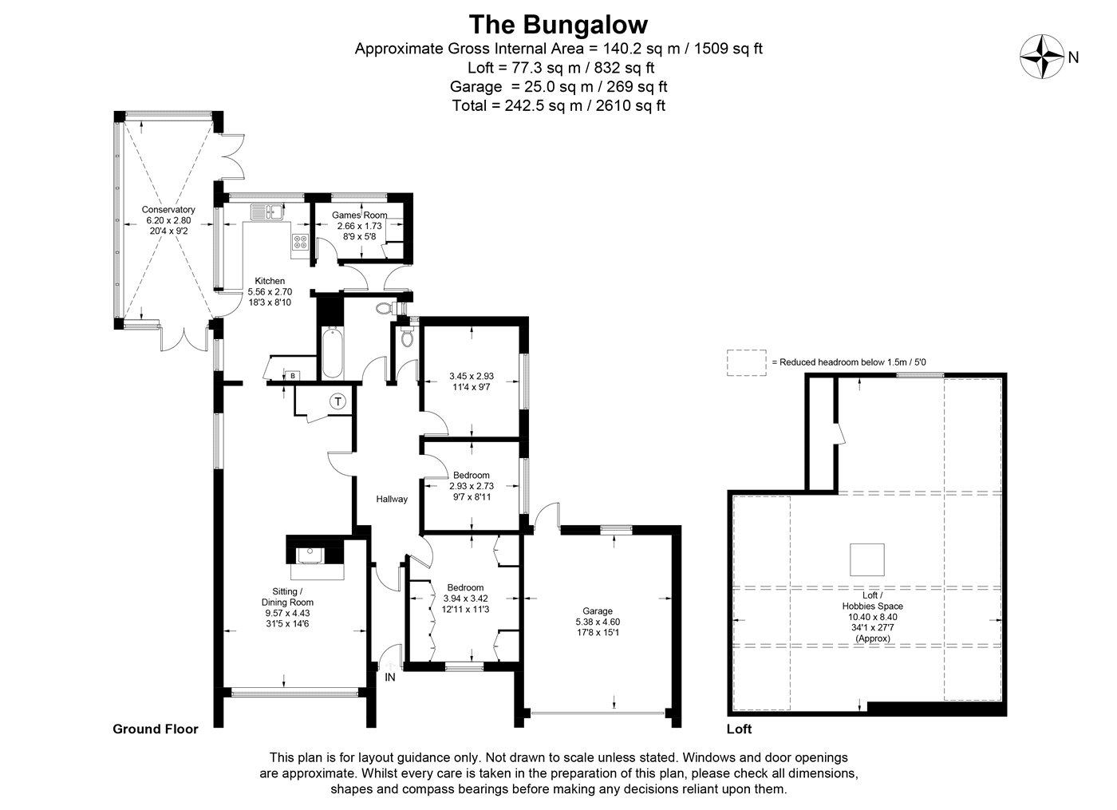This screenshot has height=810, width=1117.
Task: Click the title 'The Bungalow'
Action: pos(558,25)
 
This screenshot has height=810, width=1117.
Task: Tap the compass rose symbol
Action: pos(1042,57)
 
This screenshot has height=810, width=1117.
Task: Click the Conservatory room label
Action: pos(168,209)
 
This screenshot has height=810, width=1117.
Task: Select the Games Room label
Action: pos(360,215)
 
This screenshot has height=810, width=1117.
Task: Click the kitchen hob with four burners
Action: pos(300,242)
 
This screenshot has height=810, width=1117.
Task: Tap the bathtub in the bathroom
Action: pos(333,352)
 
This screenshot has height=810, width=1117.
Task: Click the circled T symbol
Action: pos(338,401)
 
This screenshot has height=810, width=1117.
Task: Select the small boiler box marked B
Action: pos(293,376)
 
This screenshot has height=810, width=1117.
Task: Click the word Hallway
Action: pos(392,499)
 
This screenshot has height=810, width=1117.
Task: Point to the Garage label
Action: pos(598,611)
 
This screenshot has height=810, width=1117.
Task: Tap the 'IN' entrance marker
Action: pos(390,677)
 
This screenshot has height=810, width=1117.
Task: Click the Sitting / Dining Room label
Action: pos(287,597)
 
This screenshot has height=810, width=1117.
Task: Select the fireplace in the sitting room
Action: pos(314,557)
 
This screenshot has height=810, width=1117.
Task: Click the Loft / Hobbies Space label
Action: pos(873,600)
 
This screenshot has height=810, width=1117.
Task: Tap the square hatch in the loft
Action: pos(867,559)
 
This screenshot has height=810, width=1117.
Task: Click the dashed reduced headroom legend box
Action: pos(747,362)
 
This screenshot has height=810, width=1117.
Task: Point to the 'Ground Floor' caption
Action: pos(156,729)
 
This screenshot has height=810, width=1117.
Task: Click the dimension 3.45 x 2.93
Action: pos(472,376)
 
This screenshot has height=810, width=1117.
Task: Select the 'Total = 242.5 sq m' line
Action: pos(558,105)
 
